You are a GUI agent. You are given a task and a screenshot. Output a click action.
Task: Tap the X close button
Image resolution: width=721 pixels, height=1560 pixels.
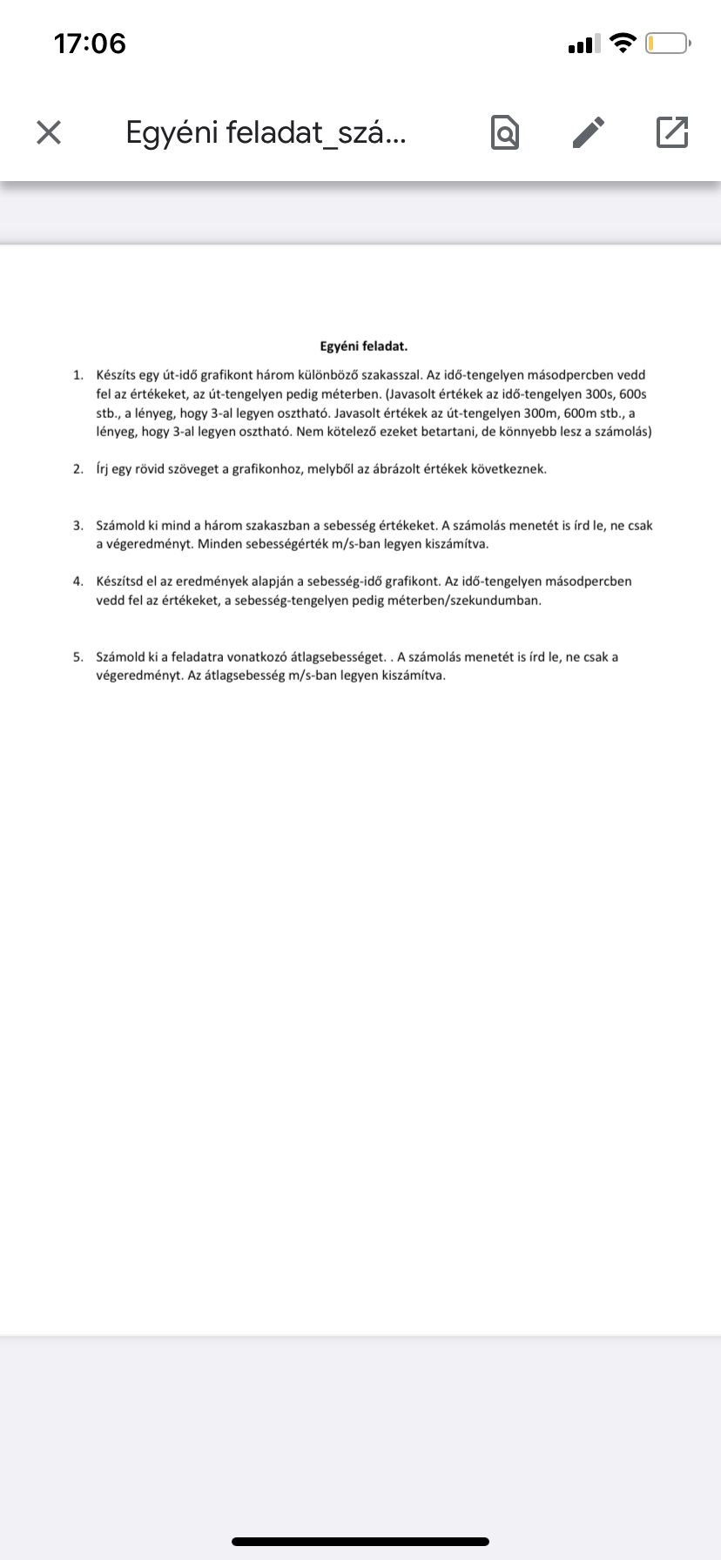pyautogui.click(x=49, y=132)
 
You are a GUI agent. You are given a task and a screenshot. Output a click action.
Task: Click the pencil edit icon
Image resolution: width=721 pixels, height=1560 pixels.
pyautogui.click(x=589, y=132)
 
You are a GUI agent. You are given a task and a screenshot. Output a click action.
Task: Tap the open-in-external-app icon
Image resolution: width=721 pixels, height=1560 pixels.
pyautogui.click(x=671, y=132)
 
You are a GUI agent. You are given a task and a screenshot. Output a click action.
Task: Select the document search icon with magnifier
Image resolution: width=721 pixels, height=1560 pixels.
pyautogui.click(x=505, y=132)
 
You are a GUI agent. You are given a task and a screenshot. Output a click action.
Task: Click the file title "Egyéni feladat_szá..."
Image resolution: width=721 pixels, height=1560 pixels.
pyautogui.click(x=266, y=132)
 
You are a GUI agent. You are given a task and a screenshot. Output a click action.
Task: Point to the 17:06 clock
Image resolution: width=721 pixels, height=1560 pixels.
pyautogui.click(x=90, y=44)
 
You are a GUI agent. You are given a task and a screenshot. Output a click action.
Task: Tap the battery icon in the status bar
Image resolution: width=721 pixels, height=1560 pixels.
pyautogui.click(x=668, y=44)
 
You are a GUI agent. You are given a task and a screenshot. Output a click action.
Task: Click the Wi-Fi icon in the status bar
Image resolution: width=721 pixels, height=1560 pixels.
pyautogui.click(x=623, y=44)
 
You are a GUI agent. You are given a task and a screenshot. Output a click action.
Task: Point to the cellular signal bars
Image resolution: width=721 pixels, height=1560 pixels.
pyautogui.click(x=583, y=44)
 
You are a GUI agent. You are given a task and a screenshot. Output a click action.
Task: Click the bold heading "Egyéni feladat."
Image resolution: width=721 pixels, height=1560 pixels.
pyautogui.click(x=364, y=346)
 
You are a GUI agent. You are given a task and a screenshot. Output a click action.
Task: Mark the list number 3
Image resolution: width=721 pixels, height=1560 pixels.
pyautogui.click(x=77, y=526)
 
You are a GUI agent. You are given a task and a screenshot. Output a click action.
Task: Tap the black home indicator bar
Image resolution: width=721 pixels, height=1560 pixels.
pyautogui.click(x=360, y=1542)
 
